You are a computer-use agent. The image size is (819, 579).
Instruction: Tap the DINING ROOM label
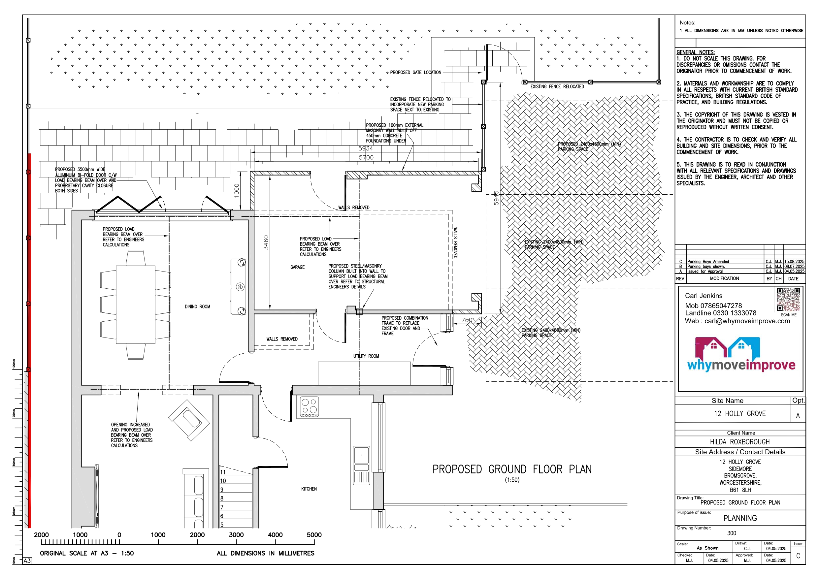[197, 307]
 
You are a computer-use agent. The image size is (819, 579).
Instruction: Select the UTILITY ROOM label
[366, 356]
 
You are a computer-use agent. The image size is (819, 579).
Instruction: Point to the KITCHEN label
[309, 489]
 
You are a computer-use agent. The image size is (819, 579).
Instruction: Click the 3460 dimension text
[266, 242]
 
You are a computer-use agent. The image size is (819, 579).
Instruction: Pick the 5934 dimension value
[366, 148]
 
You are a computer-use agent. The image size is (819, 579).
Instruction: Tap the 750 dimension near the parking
[467, 320]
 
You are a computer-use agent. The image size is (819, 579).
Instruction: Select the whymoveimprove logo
[741, 355]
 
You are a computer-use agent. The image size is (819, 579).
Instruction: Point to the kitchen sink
[361, 465]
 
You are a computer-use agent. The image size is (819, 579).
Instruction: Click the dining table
[136, 305]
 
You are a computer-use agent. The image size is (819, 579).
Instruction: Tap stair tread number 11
[223, 472]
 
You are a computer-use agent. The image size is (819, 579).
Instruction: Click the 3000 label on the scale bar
[236, 535]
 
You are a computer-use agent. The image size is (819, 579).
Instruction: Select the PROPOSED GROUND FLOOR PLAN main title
[512, 469]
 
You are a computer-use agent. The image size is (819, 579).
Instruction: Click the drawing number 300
[732, 533]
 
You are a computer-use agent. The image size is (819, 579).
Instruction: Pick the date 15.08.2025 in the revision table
[794, 262]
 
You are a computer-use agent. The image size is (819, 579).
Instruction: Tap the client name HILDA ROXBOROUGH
[739, 442]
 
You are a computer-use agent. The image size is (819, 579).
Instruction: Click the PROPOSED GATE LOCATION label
[415, 73]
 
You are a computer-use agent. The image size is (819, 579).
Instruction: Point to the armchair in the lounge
[189, 421]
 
